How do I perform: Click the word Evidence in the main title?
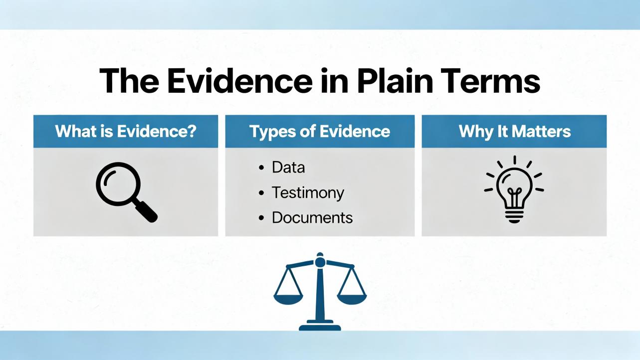pyautogui.click(x=240, y=81)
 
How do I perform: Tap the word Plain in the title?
pyautogui.click(x=395, y=81)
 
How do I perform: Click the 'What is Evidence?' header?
pyautogui.click(x=126, y=131)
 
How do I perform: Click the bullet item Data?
pyautogui.click(x=288, y=168)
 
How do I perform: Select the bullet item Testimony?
pyautogui.click(x=308, y=192)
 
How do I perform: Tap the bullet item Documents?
pyautogui.click(x=312, y=218)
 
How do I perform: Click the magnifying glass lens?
pyautogui.click(x=118, y=184)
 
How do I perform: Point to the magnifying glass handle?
pyautogui.click(x=146, y=211)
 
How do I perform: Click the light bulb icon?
pyautogui.click(x=514, y=189)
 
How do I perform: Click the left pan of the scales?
pyautogui.click(x=288, y=299)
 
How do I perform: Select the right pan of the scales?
pyautogui.click(x=352, y=299)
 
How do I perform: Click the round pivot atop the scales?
pyautogui.click(x=320, y=261)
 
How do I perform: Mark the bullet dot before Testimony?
pyautogui.click(x=261, y=193)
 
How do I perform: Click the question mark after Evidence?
pyautogui.click(x=192, y=131)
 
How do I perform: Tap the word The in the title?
pyautogui.click(x=129, y=81)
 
